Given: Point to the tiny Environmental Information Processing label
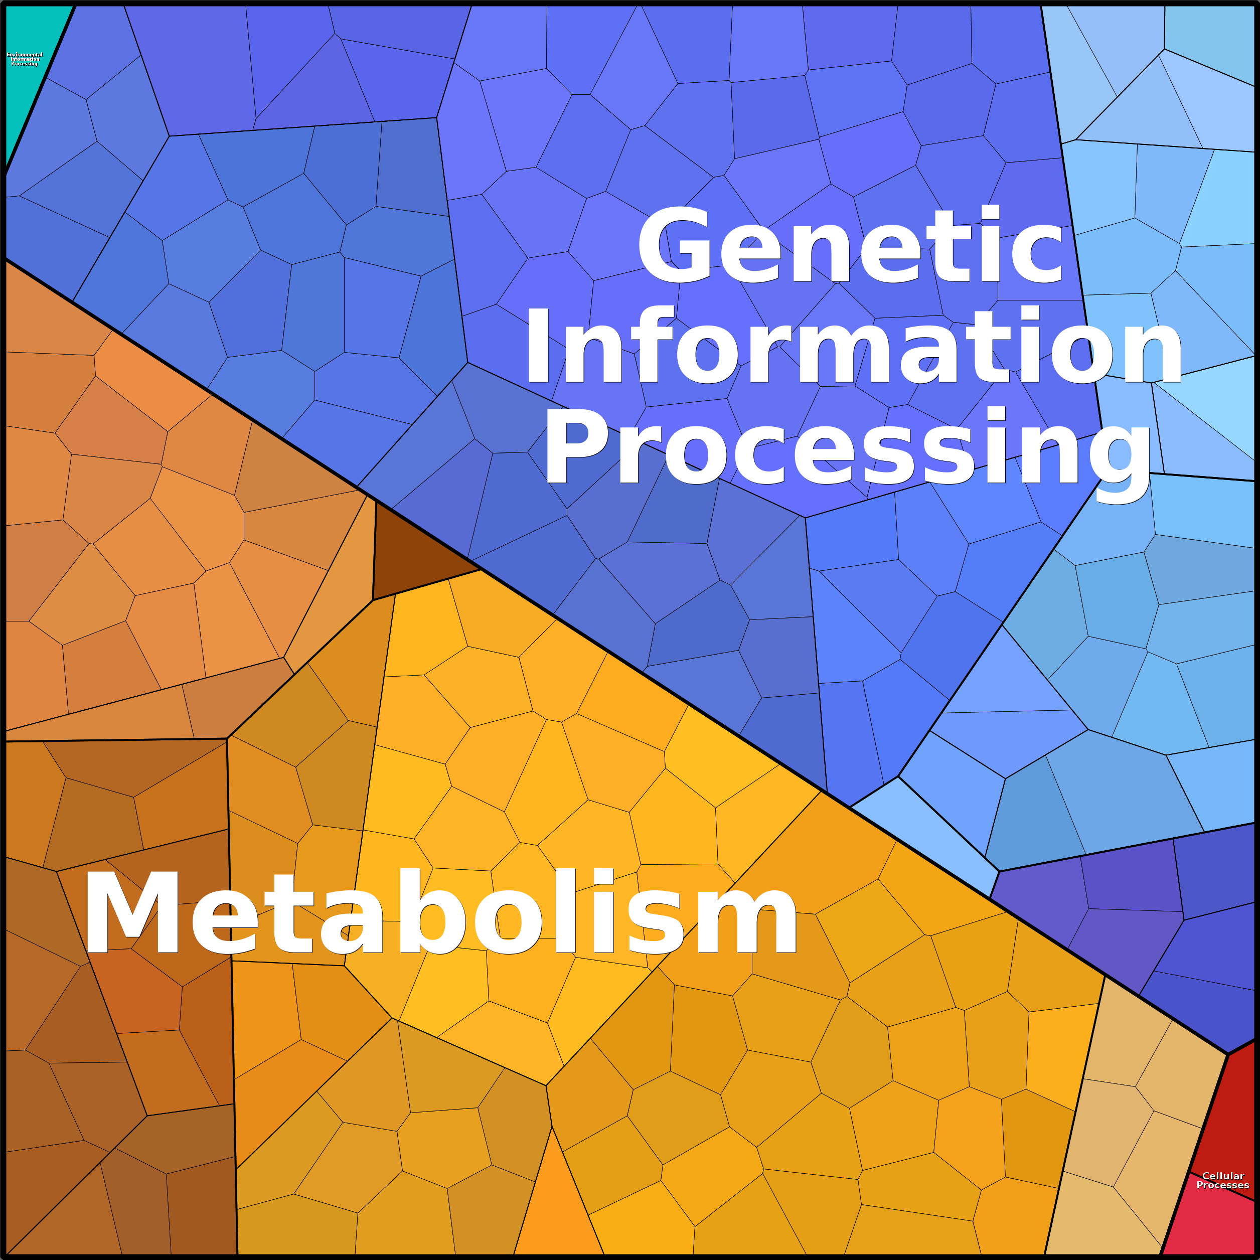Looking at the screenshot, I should pyautogui.click(x=24, y=59).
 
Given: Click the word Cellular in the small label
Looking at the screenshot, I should pyautogui.click(x=1223, y=1176).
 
